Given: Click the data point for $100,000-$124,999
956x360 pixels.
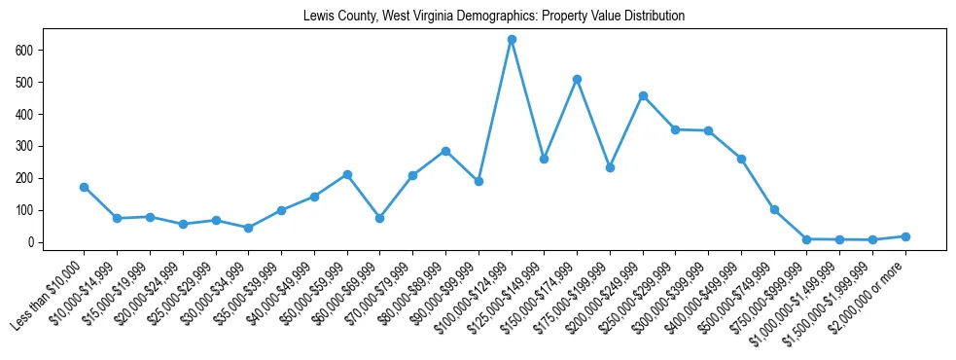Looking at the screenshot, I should click(512, 40).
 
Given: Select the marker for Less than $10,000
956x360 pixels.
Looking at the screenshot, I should click(85, 187).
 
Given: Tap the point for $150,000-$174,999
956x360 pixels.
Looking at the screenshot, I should click(577, 79).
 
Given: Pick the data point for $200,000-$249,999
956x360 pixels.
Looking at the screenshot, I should click(643, 95).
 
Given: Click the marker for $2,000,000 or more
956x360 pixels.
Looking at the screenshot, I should click(905, 236).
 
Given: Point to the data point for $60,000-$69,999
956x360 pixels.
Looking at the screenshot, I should click(380, 218).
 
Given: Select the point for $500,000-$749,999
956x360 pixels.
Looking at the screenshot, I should click(774, 209).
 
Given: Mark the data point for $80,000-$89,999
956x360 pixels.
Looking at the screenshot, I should click(445, 151).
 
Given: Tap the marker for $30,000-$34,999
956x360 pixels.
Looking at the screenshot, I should click(249, 228).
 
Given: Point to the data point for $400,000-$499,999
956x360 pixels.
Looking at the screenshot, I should click(741, 159).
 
